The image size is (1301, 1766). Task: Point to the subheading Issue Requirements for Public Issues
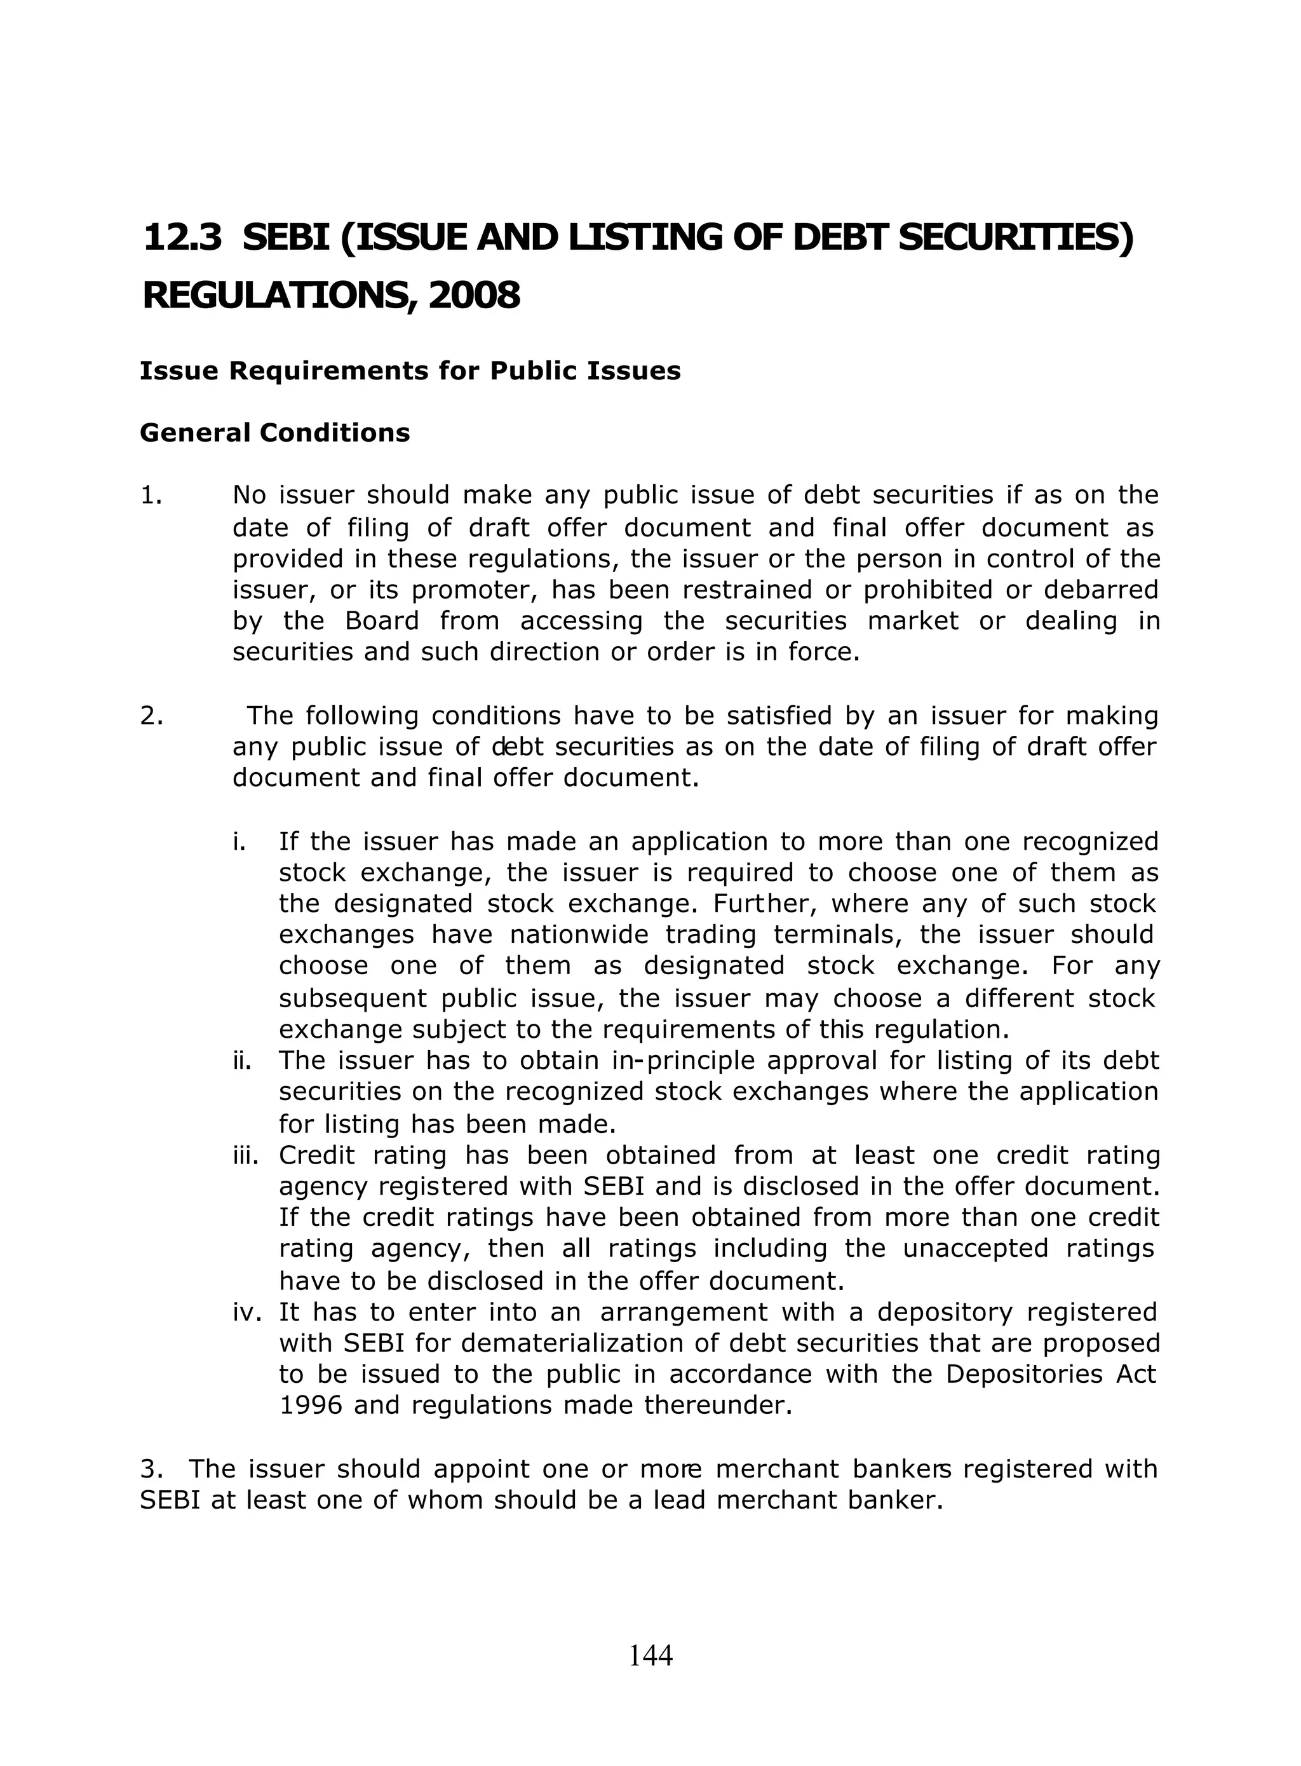[x=410, y=371]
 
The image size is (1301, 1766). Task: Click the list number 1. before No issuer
[x=151, y=496]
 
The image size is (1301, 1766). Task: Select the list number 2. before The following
[x=151, y=716]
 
